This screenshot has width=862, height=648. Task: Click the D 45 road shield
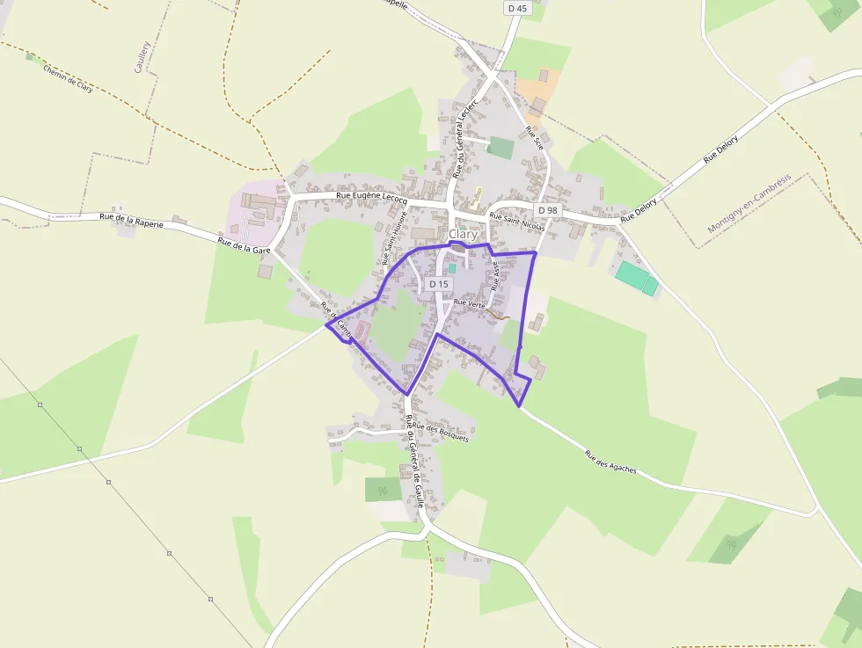pyautogui.click(x=517, y=8)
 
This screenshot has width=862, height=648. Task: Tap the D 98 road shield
pyautogui.click(x=548, y=210)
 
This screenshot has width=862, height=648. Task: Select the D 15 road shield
pyautogui.click(x=439, y=284)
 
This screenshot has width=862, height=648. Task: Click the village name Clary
pyautogui.click(x=463, y=235)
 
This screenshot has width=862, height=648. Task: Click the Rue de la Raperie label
pyautogui.click(x=132, y=220)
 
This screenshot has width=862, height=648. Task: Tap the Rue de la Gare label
pyautogui.click(x=245, y=244)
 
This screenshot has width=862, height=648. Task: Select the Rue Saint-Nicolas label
pyautogui.click(x=517, y=222)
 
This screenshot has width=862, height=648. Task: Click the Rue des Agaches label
pyautogui.click(x=611, y=463)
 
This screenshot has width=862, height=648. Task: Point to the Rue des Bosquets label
pyautogui.click(x=441, y=431)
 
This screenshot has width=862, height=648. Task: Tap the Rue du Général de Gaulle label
pyautogui.click(x=415, y=461)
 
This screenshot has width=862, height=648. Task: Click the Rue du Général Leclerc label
pyautogui.click(x=461, y=141)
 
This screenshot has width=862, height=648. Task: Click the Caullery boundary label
pyautogui.click(x=142, y=56)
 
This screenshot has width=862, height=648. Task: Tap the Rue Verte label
pyautogui.click(x=470, y=303)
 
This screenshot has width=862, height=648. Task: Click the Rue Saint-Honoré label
pyautogui.click(x=393, y=237)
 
